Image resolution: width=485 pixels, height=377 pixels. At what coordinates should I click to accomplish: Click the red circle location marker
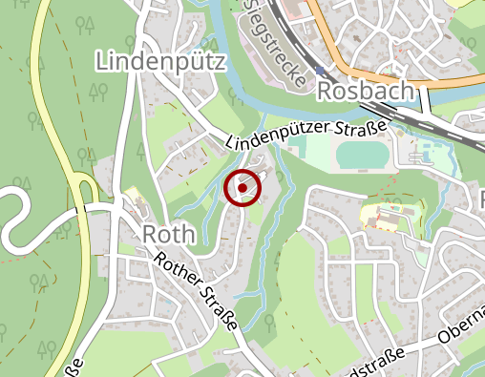242,188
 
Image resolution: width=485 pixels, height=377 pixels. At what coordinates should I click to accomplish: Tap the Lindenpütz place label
160,62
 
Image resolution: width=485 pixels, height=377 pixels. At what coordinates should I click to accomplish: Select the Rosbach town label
366,91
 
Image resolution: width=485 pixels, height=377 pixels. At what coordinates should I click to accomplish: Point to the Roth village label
168,235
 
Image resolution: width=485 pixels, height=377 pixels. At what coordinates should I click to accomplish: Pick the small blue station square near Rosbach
320,70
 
